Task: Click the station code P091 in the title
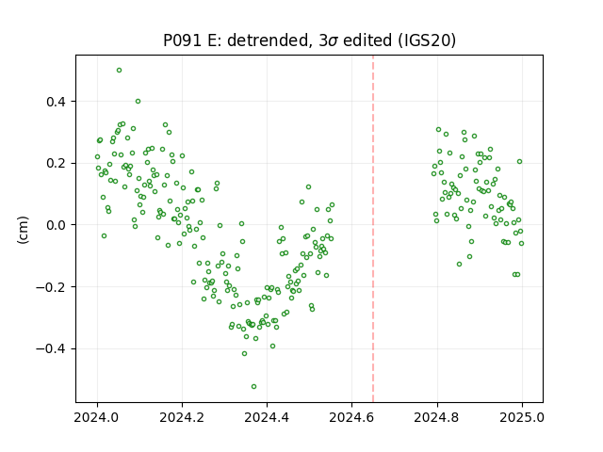182,40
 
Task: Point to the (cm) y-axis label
23,230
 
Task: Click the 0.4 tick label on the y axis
57,102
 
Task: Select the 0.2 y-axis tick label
57,163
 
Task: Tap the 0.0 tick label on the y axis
57,225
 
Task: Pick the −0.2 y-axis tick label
51,287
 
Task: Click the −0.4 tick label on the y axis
51,349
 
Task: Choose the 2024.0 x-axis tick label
97,417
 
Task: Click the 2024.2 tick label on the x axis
182,417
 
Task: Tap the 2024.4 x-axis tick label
267,417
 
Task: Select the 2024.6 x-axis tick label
351,417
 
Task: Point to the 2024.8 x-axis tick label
437,417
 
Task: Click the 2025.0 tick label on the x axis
522,417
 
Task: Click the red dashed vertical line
373,229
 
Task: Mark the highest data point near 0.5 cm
120,71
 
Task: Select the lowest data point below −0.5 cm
253,387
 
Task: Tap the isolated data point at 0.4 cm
139,102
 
